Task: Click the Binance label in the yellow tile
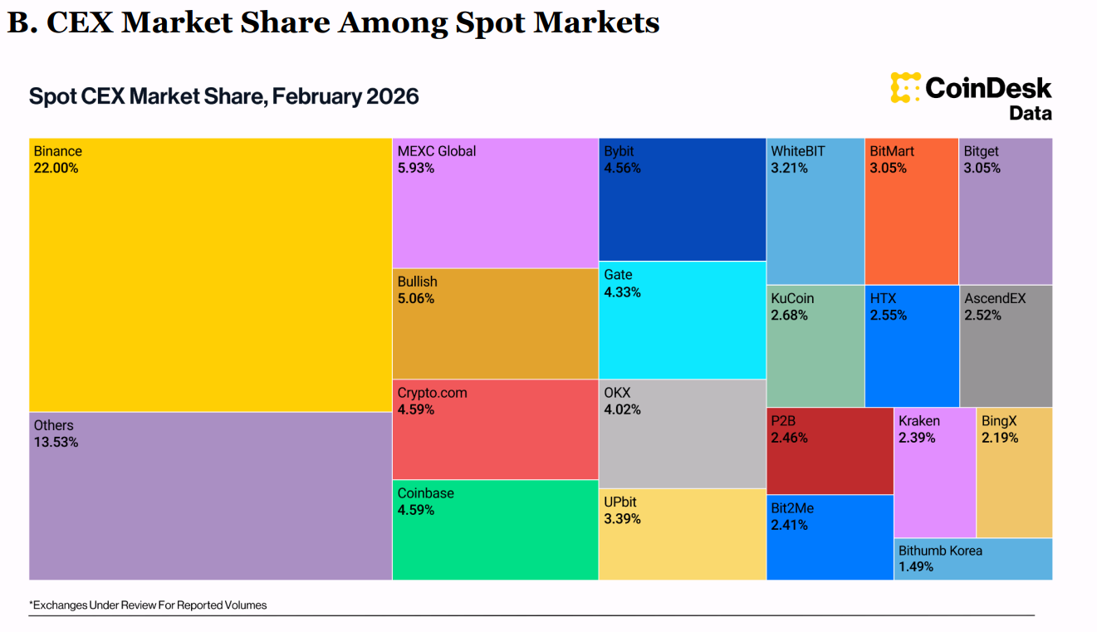click(x=58, y=151)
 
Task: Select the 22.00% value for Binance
click(x=56, y=168)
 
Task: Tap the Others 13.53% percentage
click(x=56, y=442)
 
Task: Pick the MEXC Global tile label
click(x=437, y=151)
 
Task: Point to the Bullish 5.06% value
click(x=416, y=298)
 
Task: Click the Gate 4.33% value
click(x=623, y=292)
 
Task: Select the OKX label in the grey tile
click(x=618, y=392)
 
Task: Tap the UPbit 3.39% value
click(x=623, y=519)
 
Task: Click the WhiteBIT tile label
click(x=799, y=151)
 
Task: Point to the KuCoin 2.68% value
click(x=790, y=315)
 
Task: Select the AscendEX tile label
click(x=995, y=298)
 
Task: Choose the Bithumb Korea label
click(x=940, y=551)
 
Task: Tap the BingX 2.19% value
click(x=1000, y=438)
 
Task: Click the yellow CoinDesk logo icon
click(x=905, y=88)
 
